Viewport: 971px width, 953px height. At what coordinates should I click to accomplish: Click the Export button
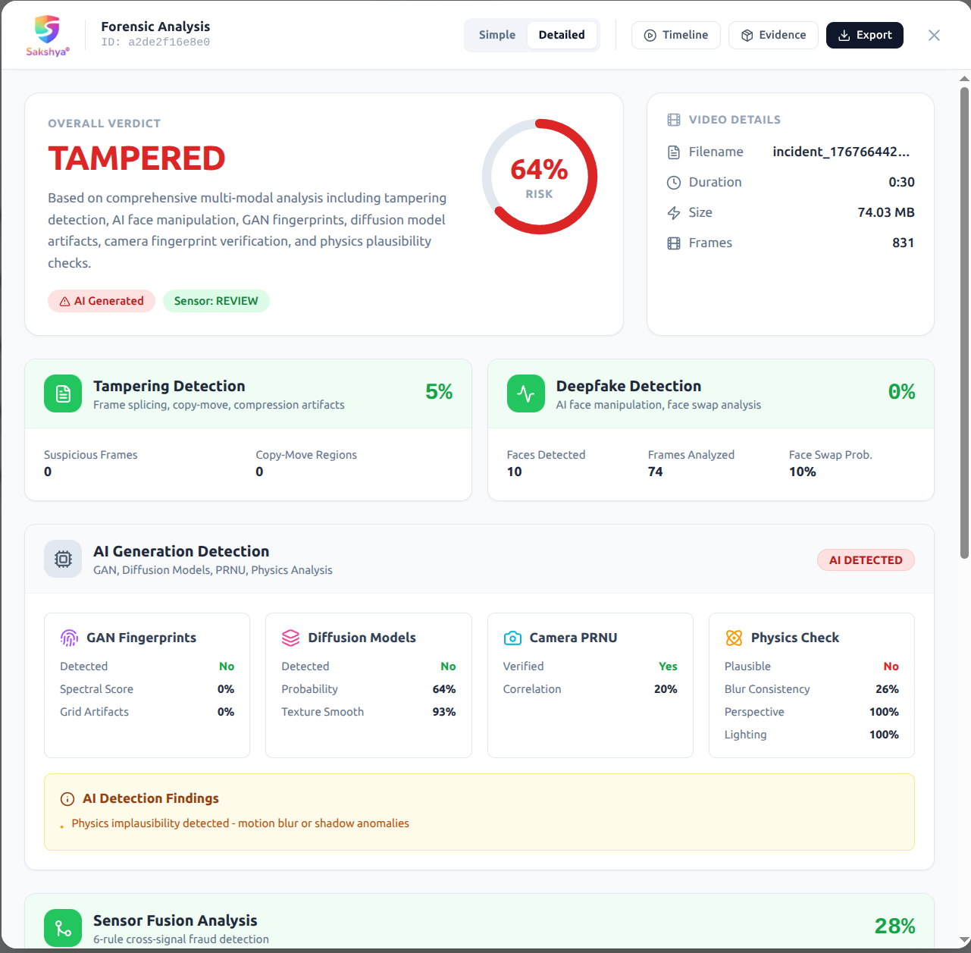click(x=864, y=35)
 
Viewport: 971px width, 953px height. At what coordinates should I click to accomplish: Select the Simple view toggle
click(x=496, y=35)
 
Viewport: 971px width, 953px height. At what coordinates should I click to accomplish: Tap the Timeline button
click(x=675, y=35)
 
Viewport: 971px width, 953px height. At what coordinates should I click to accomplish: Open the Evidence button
click(x=773, y=35)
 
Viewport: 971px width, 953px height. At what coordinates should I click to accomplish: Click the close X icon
click(x=934, y=35)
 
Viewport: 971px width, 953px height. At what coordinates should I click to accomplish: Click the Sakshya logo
click(x=47, y=35)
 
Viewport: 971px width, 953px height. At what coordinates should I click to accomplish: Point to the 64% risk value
click(x=539, y=170)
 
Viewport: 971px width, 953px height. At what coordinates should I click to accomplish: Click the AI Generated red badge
click(x=102, y=301)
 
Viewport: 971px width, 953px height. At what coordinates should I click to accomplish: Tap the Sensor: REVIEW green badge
click(x=216, y=301)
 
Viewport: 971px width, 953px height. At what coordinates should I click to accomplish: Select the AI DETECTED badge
click(x=865, y=560)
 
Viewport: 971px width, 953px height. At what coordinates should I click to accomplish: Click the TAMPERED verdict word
click(x=136, y=158)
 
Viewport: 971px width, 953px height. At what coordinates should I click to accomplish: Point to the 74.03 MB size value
click(x=885, y=212)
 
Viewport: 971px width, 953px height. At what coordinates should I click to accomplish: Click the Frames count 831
click(x=902, y=243)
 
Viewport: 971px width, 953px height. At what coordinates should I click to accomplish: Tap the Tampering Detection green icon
click(x=63, y=393)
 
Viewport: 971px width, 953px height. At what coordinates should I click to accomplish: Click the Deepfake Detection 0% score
click(x=901, y=392)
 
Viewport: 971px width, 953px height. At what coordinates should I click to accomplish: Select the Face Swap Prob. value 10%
click(x=802, y=472)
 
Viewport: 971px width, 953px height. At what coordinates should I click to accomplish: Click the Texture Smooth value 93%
click(x=443, y=712)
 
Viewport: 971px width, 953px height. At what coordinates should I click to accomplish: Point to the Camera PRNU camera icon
click(x=512, y=638)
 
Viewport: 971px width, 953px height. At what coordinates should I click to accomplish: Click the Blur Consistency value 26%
click(x=886, y=689)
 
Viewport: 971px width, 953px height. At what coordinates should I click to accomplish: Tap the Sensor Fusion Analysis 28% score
click(x=894, y=926)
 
